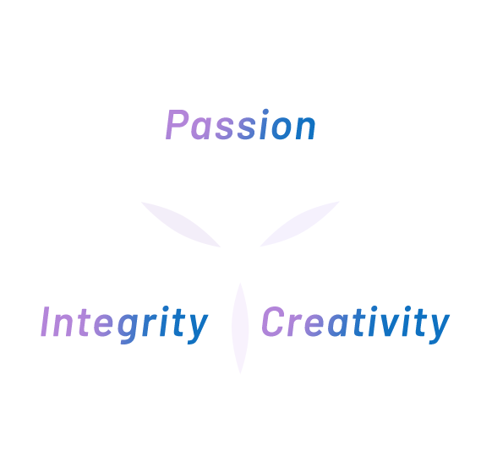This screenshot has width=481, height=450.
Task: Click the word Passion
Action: click(x=240, y=125)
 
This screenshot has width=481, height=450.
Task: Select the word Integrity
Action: click(x=124, y=325)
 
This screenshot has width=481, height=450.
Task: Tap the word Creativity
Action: click(x=356, y=325)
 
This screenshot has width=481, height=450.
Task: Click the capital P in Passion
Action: click(x=177, y=125)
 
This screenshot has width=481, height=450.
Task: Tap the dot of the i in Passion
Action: click(x=265, y=111)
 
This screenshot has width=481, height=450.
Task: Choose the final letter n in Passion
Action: click(x=305, y=128)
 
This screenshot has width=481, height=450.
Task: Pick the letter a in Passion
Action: click(x=201, y=128)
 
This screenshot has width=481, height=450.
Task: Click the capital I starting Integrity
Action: click(x=46, y=321)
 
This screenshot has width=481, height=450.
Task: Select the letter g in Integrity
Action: click(x=129, y=328)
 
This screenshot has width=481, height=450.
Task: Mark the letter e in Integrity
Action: click(x=103, y=325)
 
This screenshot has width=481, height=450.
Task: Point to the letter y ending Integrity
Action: click(x=198, y=328)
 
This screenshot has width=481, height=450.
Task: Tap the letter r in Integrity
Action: click(x=151, y=324)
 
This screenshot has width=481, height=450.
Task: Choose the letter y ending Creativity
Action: click(x=440, y=328)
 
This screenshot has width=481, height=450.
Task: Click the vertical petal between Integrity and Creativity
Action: click(x=240, y=328)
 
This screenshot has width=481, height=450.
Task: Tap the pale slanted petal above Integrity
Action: click(x=181, y=225)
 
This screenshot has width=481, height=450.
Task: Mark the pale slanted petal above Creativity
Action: click(x=300, y=224)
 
